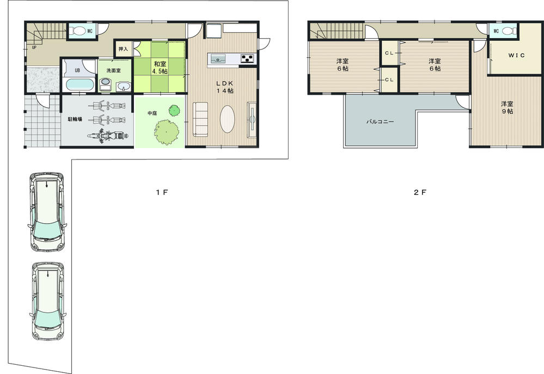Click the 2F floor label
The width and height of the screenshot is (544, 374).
tap(419, 192)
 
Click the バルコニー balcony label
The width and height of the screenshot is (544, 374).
tap(380, 122)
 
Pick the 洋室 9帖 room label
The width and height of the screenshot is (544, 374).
tap(507, 107)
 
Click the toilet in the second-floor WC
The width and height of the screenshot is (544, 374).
tap(506, 31)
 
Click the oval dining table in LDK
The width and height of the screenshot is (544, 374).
tap(227, 118)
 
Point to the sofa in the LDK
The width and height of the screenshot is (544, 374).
tap(201, 119)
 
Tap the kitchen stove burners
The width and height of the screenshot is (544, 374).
tap(247, 58)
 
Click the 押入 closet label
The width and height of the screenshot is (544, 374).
tap(124, 49)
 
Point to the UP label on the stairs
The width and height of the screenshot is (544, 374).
tap(34, 47)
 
